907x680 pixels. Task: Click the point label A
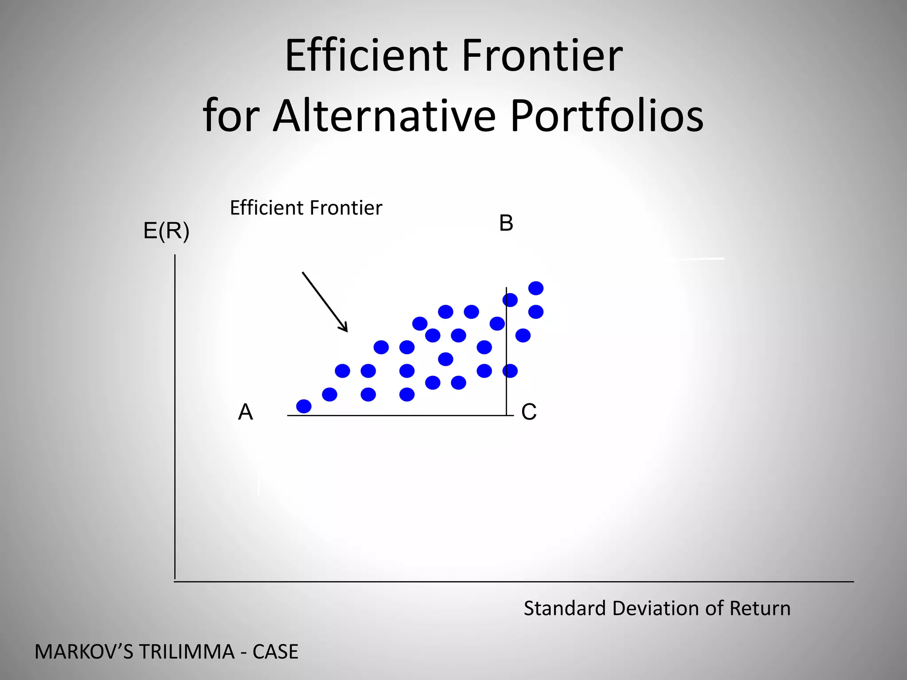245,412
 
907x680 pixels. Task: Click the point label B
506,223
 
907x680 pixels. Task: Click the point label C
529,412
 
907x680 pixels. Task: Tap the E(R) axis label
167,231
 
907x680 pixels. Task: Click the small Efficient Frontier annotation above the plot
306,208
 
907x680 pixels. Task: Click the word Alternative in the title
384,116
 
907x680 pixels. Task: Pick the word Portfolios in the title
607,116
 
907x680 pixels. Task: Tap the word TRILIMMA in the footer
186,652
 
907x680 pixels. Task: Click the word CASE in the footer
275,652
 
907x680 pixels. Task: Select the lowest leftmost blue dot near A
304,406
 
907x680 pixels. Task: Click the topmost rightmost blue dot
536,288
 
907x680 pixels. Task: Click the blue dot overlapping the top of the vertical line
510,300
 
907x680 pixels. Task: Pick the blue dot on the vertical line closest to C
510,371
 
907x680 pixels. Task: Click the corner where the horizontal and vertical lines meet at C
507,415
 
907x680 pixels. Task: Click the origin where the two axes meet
175,581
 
